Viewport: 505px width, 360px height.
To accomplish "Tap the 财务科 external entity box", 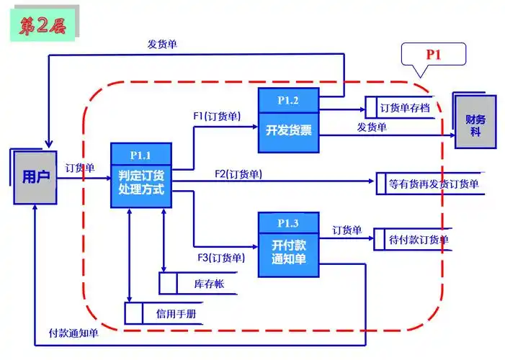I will [475, 120].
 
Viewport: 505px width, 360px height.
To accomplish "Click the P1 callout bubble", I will [432, 54].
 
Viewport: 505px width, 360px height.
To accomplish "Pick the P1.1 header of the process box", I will [140, 155].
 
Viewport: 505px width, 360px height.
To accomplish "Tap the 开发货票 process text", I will [287, 130].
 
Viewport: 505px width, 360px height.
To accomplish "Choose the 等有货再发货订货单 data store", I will [433, 184].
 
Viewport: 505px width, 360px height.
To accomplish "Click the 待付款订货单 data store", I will [418, 239].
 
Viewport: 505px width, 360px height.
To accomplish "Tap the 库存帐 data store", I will [208, 284].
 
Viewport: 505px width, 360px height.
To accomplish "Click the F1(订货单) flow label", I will [217, 115].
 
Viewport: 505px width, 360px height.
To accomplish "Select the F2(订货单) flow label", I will [238, 174].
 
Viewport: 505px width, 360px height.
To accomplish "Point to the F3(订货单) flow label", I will [221, 258].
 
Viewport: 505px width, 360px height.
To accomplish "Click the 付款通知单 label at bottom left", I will [73, 333].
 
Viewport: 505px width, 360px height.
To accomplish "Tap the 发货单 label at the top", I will [162, 44].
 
